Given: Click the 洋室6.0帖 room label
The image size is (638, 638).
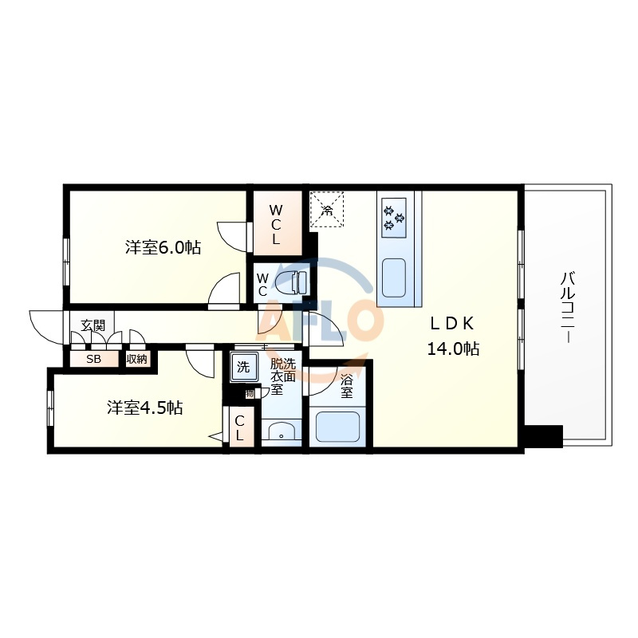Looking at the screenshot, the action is coord(163,247).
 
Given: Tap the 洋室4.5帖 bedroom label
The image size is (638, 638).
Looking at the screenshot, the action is coord(145,408).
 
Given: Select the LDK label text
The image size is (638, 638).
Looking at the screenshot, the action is coord(452,324).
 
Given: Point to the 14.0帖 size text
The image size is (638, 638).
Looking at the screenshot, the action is coord(453,349).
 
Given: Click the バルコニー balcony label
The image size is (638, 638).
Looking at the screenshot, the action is coord(568,307).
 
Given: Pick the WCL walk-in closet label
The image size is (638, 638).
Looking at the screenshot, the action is coord(276,225).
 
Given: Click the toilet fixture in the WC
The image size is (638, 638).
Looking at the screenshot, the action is coord(291,282).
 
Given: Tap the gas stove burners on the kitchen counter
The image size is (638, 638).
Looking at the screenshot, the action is coord(394,218).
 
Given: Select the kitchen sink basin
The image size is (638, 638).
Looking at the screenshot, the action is coord(394,278).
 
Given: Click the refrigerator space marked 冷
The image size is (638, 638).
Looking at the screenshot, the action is coord(327,209).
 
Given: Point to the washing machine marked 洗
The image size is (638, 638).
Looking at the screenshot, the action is coord(244,367).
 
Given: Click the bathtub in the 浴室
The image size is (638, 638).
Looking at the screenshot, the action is coord(337,427).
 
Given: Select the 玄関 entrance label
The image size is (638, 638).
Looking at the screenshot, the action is coord(93,325).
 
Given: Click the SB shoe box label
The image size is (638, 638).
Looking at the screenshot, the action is coord(93,360).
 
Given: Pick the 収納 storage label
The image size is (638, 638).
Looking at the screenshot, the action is coord(136,360).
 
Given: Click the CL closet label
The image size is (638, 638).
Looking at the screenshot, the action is coord(239,428).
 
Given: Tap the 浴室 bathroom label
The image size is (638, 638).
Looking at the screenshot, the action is coord(347,386).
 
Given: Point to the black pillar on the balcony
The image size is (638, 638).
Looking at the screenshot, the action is coord(544,436).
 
